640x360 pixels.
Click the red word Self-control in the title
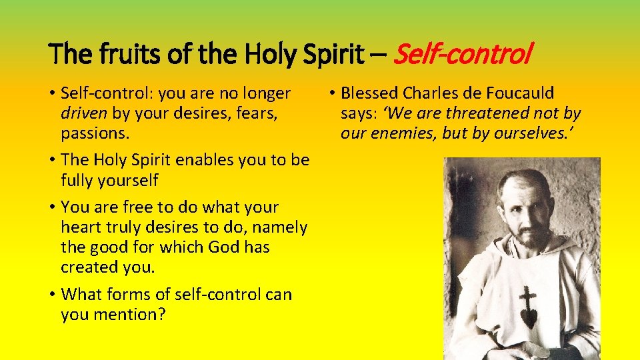pyautogui.click(x=463, y=53)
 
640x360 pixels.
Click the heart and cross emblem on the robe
pyautogui.click(x=528, y=306)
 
